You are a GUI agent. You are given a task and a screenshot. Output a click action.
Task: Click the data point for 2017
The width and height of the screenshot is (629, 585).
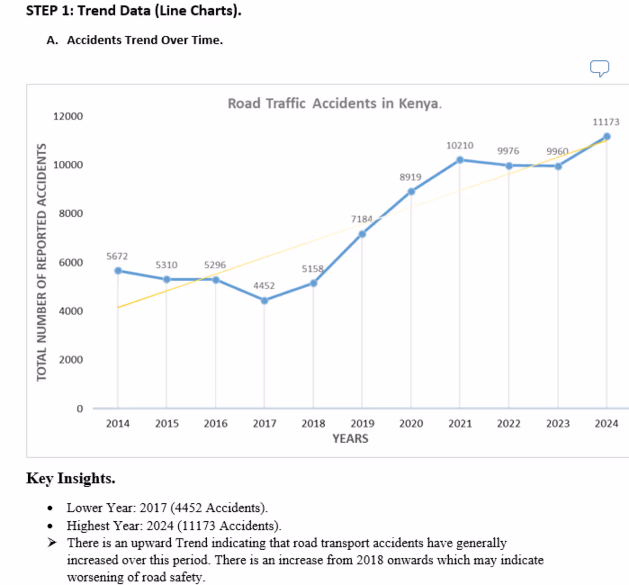[x=264, y=301]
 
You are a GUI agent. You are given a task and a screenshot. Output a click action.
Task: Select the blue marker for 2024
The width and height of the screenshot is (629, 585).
[x=606, y=137]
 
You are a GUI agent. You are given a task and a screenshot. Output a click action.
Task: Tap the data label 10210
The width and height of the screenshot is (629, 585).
[x=460, y=146]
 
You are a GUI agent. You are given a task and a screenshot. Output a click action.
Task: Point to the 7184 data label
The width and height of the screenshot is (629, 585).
[x=361, y=219]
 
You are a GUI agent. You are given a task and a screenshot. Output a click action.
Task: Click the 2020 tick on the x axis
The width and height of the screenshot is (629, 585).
[x=411, y=424]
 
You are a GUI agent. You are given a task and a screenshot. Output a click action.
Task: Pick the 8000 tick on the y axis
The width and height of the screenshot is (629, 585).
[x=71, y=213]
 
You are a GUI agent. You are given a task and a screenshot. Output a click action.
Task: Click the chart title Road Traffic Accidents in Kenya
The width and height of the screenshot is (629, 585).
[x=334, y=104]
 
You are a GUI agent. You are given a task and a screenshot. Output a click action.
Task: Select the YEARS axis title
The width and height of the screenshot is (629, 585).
[x=350, y=439]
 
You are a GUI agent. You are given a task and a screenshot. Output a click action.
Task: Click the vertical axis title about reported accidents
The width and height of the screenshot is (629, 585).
[x=41, y=262]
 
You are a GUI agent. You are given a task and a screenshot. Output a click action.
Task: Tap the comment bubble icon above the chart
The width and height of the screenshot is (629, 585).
[x=600, y=68]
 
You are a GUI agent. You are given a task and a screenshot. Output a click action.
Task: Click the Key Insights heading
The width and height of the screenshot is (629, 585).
[x=70, y=478]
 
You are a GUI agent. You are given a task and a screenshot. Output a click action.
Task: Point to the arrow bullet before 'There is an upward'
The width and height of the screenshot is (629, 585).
[x=52, y=543]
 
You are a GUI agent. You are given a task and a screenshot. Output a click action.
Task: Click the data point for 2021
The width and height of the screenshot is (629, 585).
[x=460, y=160]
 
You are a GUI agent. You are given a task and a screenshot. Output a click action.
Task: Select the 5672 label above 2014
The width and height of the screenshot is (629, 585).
[x=117, y=256]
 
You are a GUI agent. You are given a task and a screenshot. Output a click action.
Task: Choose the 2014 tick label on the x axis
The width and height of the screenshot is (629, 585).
[x=117, y=424]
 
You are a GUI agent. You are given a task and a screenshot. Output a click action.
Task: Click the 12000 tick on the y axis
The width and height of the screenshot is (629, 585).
[x=68, y=116]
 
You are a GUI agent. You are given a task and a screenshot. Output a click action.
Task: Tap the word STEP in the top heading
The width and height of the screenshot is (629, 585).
[x=42, y=10]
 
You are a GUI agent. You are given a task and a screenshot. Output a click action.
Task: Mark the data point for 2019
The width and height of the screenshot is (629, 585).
[x=362, y=234]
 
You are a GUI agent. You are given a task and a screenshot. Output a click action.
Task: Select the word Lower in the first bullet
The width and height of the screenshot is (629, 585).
[x=84, y=508]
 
